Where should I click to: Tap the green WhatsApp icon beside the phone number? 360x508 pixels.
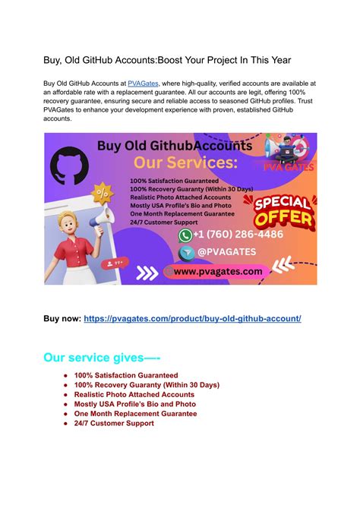pyautogui.click(x=185, y=235)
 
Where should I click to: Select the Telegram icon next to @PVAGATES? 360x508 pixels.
pyautogui.click(x=185, y=251)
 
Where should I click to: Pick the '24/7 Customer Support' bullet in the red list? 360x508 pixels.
pyautogui.click(x=114, y=423)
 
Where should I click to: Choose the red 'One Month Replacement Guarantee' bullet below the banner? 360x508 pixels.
pyautogui.click(x=135, y=414)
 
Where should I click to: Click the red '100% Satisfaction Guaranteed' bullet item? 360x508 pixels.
pyautogui.click(x=126, y=375)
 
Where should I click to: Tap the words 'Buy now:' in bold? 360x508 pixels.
pyautogui.click(x=61, y=319)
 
